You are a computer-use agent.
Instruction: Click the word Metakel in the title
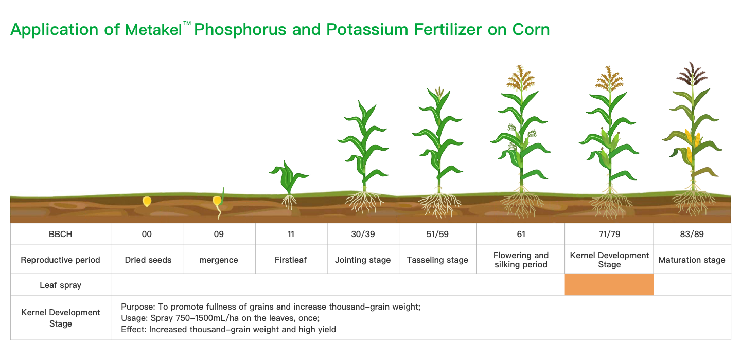153,30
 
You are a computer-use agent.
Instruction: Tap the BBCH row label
61,234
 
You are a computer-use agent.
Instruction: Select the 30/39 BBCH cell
363,234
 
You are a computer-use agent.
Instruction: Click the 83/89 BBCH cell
692,234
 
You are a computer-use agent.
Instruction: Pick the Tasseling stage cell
437,260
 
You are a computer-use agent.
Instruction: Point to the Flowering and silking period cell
521,260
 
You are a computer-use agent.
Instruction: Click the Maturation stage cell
692,260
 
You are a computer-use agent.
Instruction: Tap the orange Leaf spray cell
609,284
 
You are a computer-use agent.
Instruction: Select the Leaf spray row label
61,285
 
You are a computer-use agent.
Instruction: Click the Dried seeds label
148,260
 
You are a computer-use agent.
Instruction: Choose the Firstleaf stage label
290,260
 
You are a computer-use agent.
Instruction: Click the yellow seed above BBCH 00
147,201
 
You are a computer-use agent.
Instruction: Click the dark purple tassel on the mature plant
692,74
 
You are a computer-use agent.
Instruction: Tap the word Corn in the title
531,30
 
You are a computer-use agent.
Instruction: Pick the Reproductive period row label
61,260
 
